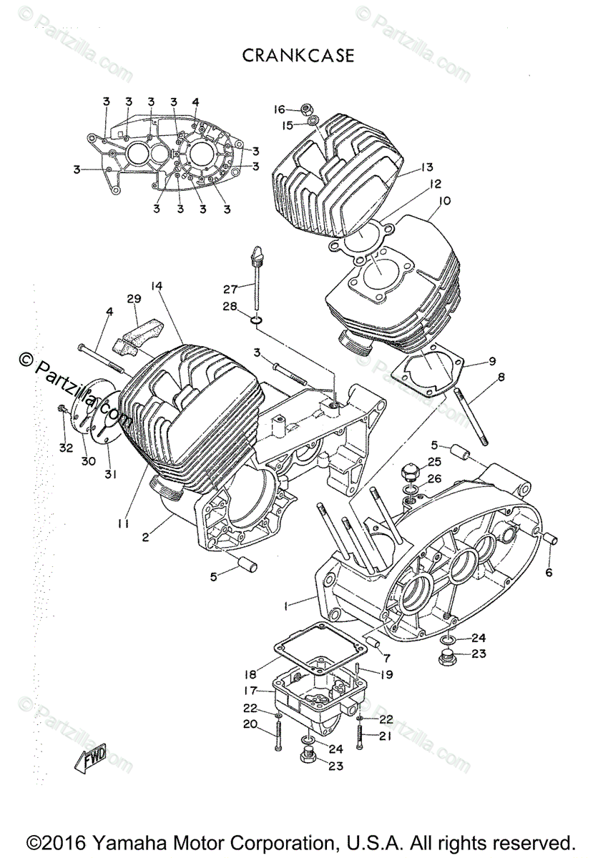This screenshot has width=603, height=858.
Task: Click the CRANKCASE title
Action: point(298,56)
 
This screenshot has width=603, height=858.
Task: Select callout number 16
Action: point(279,109)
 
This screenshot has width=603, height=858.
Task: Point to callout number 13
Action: point(427,167)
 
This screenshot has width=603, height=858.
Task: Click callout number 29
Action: point(134,298)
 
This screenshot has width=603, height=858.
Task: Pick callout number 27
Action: point(230,289)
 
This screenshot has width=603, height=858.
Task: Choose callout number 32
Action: point(67,448)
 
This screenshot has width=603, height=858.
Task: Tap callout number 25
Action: point(435,462)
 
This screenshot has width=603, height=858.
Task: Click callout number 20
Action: point(250,724)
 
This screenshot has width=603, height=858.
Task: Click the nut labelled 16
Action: point(304,109)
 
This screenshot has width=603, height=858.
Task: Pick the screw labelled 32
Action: point(63,410)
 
